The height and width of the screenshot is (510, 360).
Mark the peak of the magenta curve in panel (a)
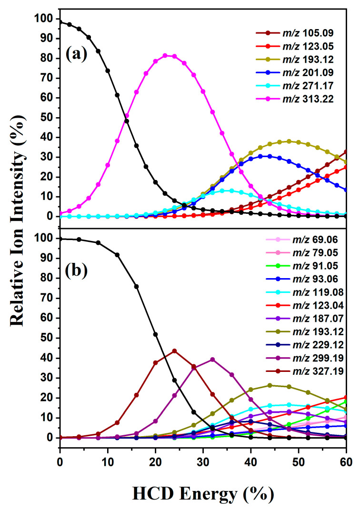point(165,55)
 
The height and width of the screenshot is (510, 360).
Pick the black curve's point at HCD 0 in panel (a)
point(60,22)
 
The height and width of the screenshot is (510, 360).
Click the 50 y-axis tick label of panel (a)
point(48,118)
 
